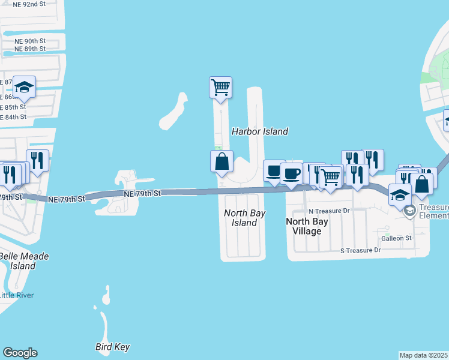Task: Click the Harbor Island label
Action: tap(260, 131)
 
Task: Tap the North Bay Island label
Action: tap(244, 218)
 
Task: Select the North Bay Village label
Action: tap(307, 226)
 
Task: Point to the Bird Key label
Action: tap(113, 347)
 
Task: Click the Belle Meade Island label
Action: tap(23, 261)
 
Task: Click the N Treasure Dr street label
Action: tap(328, 211)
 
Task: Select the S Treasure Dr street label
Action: tap(361, 250)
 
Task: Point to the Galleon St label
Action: tap(396, 238)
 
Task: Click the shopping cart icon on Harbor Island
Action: tap(220, 87)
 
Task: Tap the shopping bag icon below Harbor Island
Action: tap(221, 161)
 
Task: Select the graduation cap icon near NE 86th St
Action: tap(25, 88)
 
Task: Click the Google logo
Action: tap(20, 353)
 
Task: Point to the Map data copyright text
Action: tap(424, 355)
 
